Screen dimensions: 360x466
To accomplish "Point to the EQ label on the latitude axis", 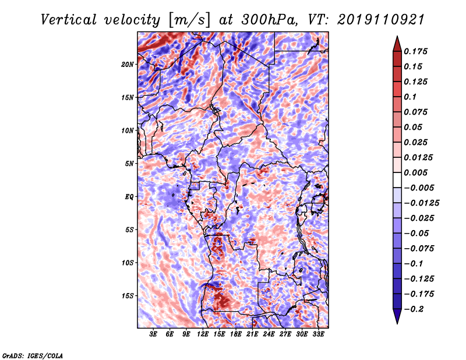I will (130, 196).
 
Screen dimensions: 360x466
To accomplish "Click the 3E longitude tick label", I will (154, 334).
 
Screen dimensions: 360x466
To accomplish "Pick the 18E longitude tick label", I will (236, 334).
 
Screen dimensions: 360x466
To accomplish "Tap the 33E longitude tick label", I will (318, 334).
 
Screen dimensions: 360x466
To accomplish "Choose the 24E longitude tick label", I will (269, 334).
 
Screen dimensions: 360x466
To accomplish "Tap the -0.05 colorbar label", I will (417, 233).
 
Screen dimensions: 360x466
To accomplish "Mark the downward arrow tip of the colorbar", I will (396, 322).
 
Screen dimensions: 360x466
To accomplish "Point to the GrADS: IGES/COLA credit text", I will (33, 355).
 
